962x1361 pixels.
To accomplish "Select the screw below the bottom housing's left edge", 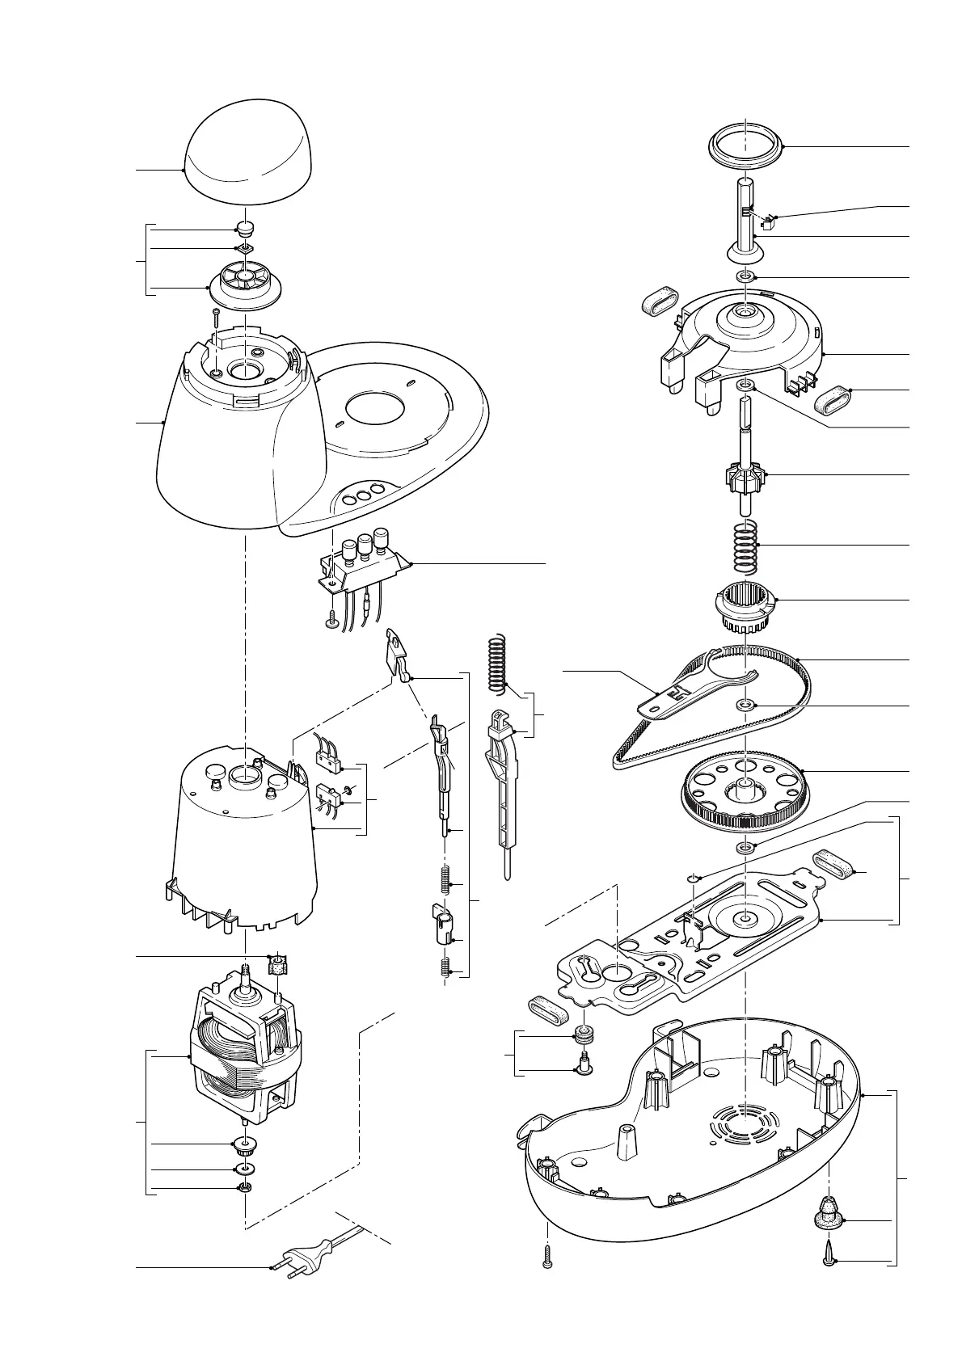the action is click(548, 1277).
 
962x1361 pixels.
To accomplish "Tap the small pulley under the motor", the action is click(244, 1144).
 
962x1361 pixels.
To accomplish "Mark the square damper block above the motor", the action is click(278, 964).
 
